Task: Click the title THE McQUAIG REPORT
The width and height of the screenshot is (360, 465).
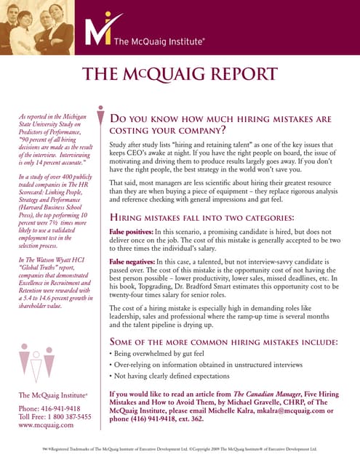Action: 180,74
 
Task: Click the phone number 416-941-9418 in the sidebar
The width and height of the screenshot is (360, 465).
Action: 63,408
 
